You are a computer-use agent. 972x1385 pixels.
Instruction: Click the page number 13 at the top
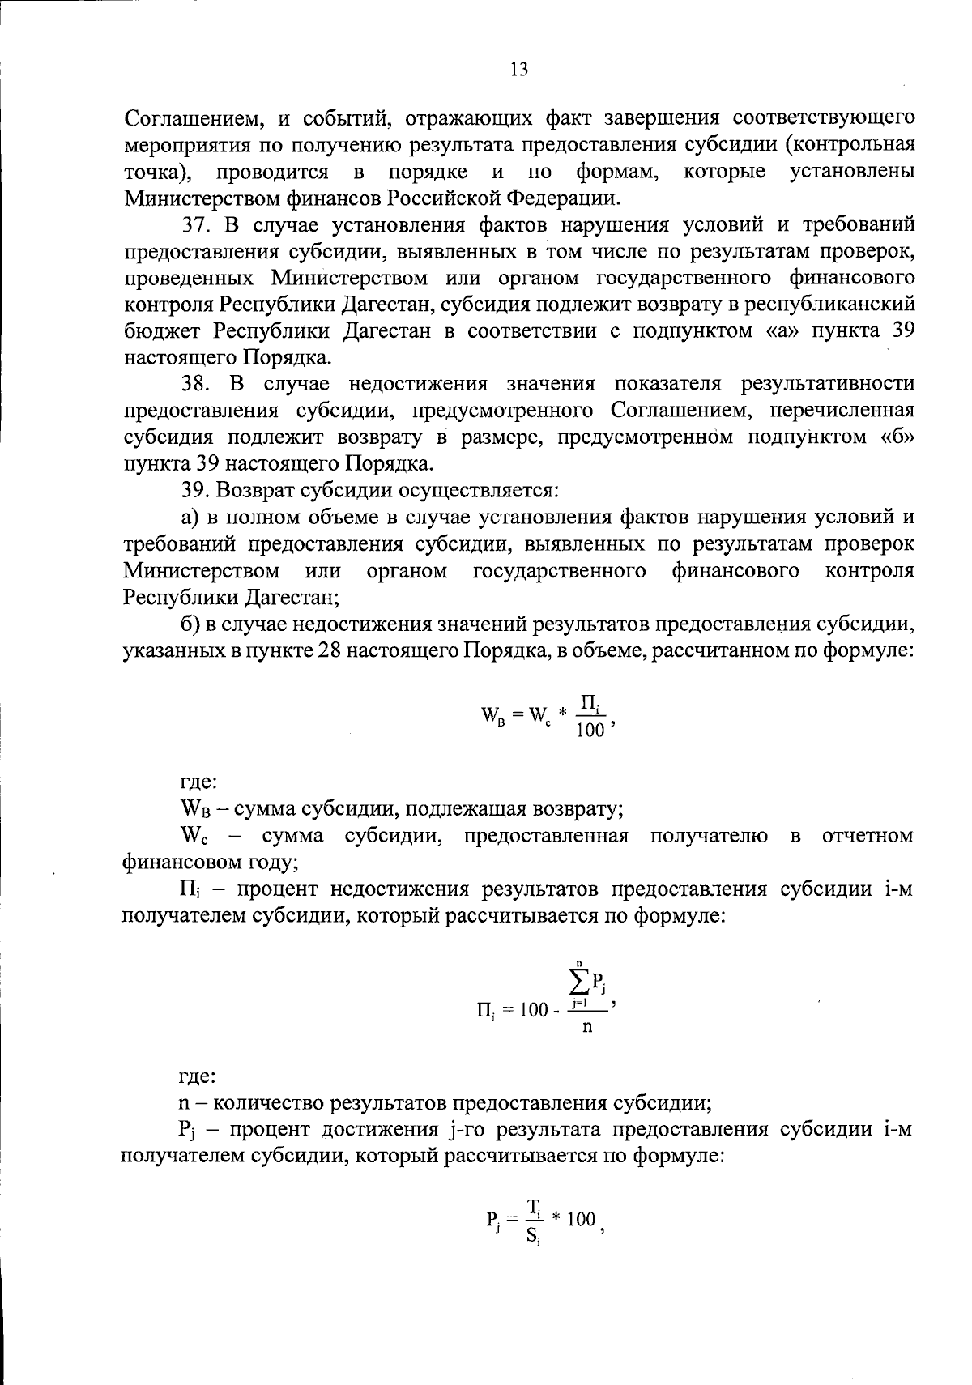[x=519, y=70]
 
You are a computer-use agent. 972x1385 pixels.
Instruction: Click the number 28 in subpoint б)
[x=332, y=650]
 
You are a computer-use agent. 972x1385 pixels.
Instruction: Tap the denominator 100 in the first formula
[x=590, y=731]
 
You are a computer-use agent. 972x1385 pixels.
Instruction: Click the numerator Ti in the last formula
[x=534, y=1208]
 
